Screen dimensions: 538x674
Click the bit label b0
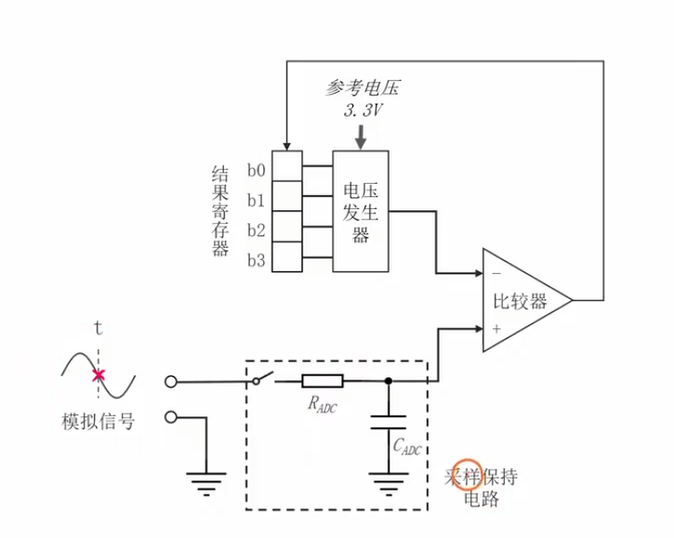(256, 170)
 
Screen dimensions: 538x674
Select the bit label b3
(256, 261)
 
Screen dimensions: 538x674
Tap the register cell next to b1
(287, 197)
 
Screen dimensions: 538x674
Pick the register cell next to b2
(287, 228)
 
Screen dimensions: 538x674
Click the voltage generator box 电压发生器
(362, 210)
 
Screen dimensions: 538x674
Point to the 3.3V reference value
(363, 110)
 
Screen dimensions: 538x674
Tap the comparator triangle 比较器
(522, 301)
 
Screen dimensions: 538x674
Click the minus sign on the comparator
(496, 274)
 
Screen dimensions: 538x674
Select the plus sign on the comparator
(496, 328)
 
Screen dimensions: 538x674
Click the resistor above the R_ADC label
(323, 380)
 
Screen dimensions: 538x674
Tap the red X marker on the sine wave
(99, 375)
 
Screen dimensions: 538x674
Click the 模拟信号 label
(99, 422)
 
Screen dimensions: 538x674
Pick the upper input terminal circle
(170, 381)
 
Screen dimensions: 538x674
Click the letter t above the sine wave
(99, 327)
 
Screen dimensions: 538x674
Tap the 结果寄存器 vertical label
(220, 211)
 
